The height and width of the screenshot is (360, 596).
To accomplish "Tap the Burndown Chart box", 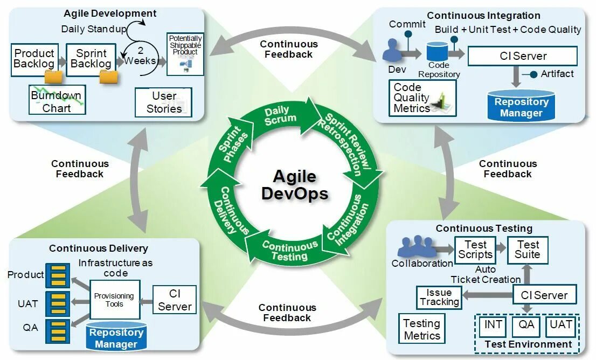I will click(x=57, y=101).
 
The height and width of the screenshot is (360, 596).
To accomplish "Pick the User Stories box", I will click(x=164, y=102).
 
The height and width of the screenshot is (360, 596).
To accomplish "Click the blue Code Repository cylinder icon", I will click(x=437, y=52).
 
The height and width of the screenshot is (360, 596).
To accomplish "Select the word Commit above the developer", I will click(x=407, y=24).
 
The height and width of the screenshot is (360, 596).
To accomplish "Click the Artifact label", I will click(x=557, y=74).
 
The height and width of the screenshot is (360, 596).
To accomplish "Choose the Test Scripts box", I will click(x=475, y=250).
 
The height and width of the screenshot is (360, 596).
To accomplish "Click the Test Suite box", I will click(x=528, y=250).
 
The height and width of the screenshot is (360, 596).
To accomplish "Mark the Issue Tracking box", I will click(x=439, y=297).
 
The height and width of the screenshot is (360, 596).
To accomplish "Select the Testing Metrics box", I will click(x=422, y=329).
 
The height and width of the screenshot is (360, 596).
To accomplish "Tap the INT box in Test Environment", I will click(x=494, y=325).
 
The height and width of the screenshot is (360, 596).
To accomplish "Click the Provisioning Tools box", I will click(x=114, y=300).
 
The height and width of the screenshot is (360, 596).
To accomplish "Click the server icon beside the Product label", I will click(x=57, y=275).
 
